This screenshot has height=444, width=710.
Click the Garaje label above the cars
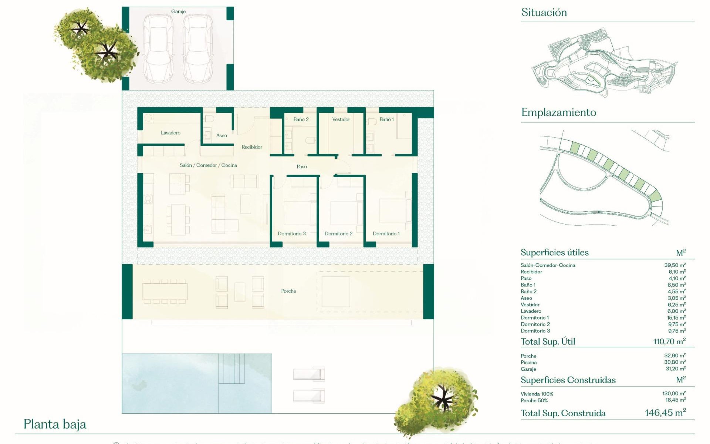coord(178,11)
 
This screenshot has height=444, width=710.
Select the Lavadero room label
coord(170,133)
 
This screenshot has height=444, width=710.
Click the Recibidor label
coord(252,147)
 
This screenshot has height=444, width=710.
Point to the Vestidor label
coord(341,120)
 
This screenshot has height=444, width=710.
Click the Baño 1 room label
coord(386,120)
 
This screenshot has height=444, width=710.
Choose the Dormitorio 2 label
coord(338,234)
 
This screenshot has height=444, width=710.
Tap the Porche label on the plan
coord(288,291)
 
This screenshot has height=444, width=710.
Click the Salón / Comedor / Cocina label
coord(208,165)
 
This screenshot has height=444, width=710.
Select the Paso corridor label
coord(302,167)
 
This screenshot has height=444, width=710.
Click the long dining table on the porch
coord(165,292)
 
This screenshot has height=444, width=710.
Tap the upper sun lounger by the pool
coord(309,374)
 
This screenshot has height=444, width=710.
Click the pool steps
coord(231,369)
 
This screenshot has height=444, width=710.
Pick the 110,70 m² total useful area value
coord(669,342)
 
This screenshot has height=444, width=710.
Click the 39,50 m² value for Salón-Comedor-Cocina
coord(675,265)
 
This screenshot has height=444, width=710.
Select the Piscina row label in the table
coord(529,363)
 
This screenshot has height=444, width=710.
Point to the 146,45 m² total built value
coord(665,413)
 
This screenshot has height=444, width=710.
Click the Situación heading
coord(544,13)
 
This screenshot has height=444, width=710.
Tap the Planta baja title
coord(55,424)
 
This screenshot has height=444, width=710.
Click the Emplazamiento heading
coord(558,112)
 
